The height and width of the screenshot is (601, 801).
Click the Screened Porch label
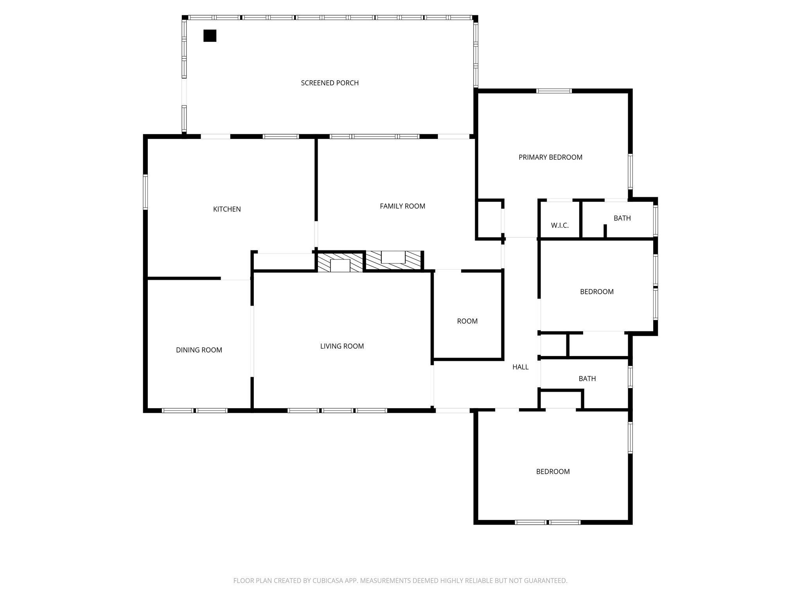(x=329, y=83)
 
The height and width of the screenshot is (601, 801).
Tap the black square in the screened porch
(x=210, y=36)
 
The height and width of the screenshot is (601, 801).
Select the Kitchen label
(x=227, y=209)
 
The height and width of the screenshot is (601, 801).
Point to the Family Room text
(x=402, y=206)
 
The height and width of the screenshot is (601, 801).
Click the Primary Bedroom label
(x=550, y=157)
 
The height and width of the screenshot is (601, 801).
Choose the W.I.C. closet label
(x=559, y=226)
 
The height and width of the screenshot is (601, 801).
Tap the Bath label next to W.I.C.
(x=622, y=218)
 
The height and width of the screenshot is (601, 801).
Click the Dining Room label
(x=199, y=350)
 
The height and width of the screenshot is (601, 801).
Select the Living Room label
(x=341, y=346)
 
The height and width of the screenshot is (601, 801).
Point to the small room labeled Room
(x=467, y=321)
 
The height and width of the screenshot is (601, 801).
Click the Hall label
(x=520, y=367)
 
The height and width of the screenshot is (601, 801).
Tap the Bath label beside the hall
(x=587, y=379)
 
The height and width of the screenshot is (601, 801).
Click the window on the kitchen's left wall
(x=145, y=192)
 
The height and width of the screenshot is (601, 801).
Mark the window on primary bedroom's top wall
(x=554, y=91)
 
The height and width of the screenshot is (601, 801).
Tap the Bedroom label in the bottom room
(x=552, y=472)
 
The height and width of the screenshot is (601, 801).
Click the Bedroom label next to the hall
(x=596, y=292)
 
